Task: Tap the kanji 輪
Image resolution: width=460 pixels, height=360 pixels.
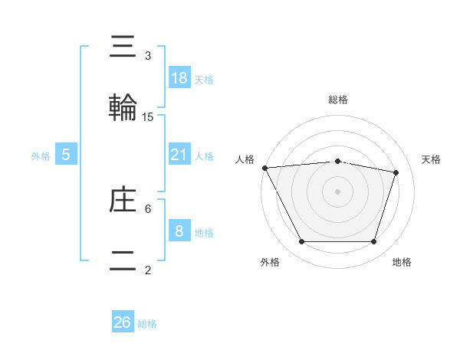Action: [x=124, y=108]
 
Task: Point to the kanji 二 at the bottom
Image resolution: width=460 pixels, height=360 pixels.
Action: [x=124, y=260]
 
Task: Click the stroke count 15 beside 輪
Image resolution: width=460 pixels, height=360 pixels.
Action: [x=148, y=117]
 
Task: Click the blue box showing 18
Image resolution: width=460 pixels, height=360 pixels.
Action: [x=179, y=78]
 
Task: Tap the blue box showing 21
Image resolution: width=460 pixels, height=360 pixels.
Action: [x=179, y=155]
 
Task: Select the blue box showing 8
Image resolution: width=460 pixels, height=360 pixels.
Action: [x=179, y=231]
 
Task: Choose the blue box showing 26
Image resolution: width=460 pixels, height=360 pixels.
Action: [x=123, y=322]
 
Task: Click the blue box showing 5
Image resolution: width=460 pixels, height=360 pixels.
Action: [x=66, y=155]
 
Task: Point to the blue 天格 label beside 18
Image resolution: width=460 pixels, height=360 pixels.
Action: [x=204, y=80]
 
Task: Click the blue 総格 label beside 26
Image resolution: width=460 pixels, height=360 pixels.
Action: [x=147, y=324]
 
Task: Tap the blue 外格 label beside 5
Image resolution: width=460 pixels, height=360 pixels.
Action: [x=41, y=156]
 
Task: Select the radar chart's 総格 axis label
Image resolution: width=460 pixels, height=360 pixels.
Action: [x=337, y=100]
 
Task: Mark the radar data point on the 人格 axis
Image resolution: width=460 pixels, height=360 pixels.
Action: [x=264, y=168]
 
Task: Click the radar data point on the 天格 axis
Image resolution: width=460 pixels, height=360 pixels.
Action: [x=396, y=172]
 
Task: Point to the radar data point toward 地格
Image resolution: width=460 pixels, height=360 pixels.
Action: [x=374, y=242]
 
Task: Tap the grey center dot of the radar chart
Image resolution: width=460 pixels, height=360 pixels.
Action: [x=337, y=191]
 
